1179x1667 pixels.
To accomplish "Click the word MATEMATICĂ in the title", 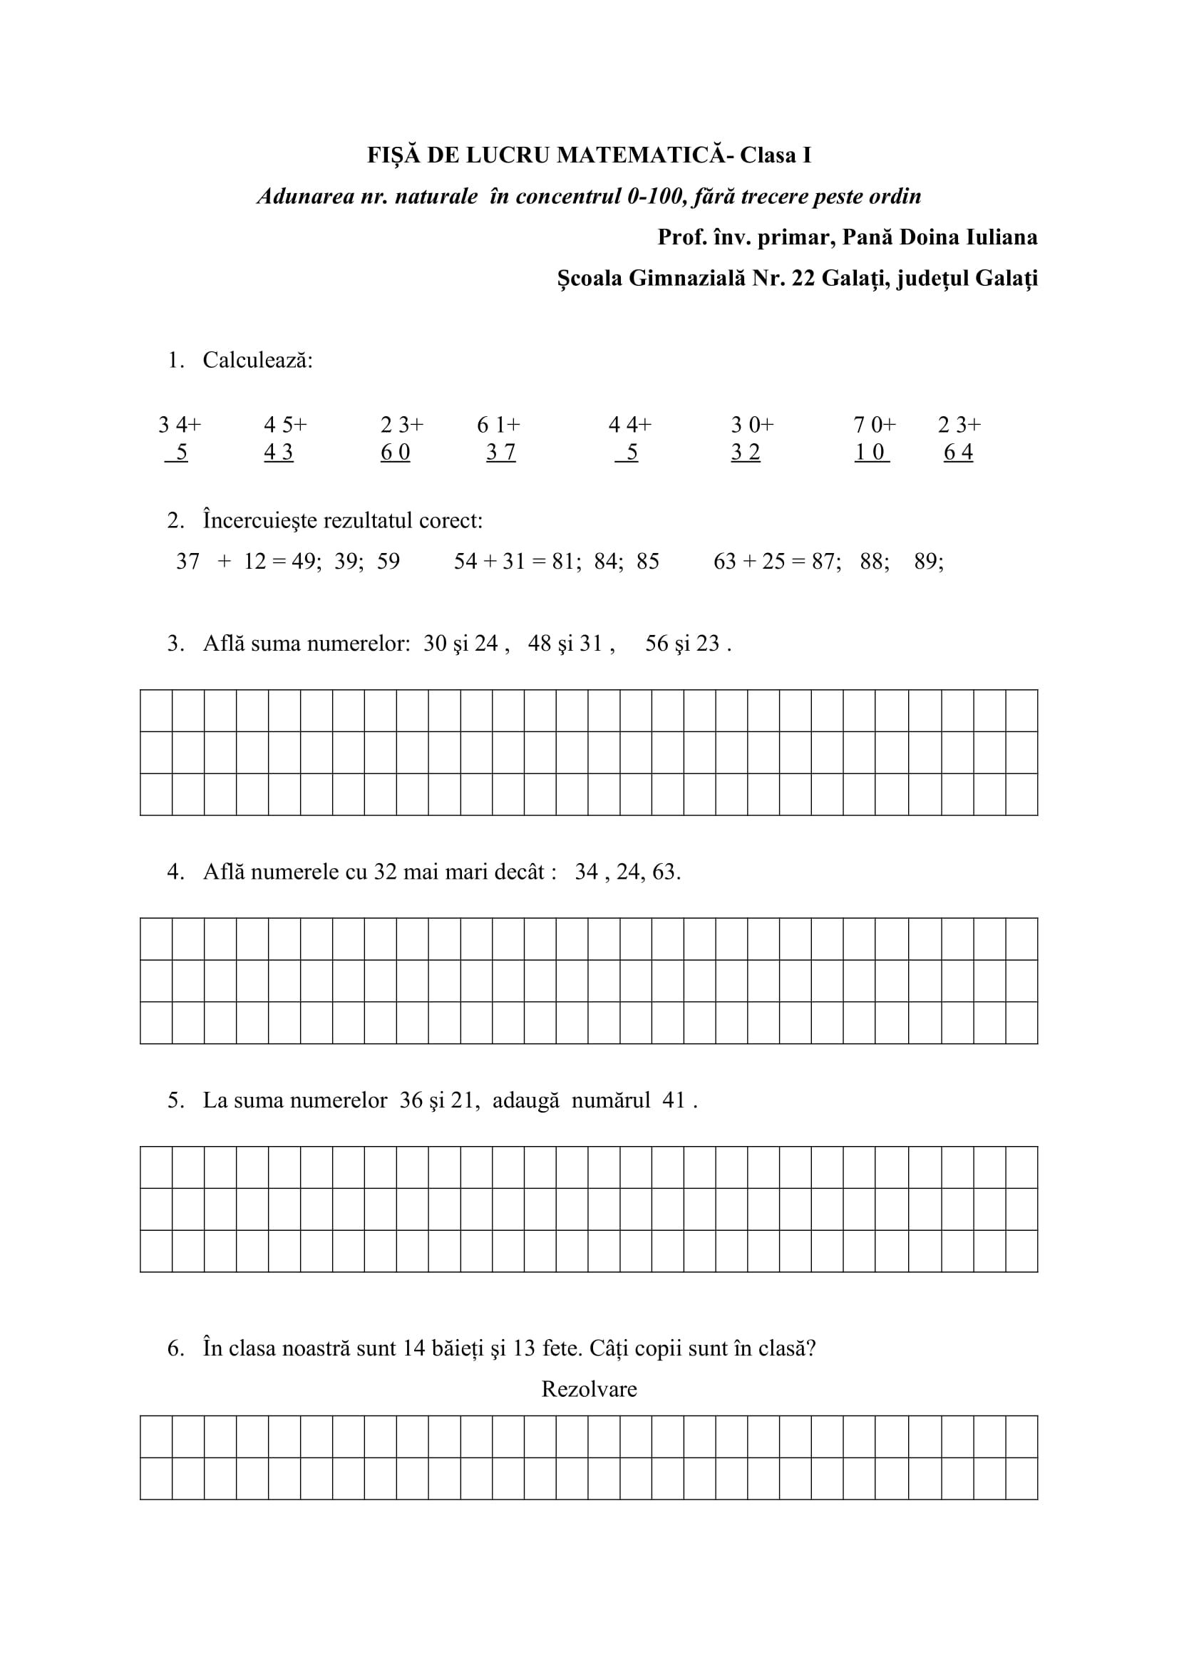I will [641, 155].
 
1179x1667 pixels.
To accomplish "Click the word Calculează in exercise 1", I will [258, 360].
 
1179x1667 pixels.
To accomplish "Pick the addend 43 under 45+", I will [279, 453].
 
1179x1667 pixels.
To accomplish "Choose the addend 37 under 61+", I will [501, 453].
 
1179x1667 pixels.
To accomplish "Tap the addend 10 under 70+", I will [870, 453].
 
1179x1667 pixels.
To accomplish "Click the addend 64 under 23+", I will [958, 453].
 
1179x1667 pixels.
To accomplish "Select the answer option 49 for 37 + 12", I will [305, 561].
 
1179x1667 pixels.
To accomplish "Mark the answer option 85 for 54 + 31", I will [647, 561].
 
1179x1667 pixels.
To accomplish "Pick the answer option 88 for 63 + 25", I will [873, 561].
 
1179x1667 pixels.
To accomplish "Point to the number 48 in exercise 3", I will [540, 644].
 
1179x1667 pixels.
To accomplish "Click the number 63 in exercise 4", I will [664, 872].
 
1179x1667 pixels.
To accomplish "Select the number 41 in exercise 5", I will [674, 1100].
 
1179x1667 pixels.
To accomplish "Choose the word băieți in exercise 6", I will [458, 1349].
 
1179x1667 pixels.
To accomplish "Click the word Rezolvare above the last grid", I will [589, 1389].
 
